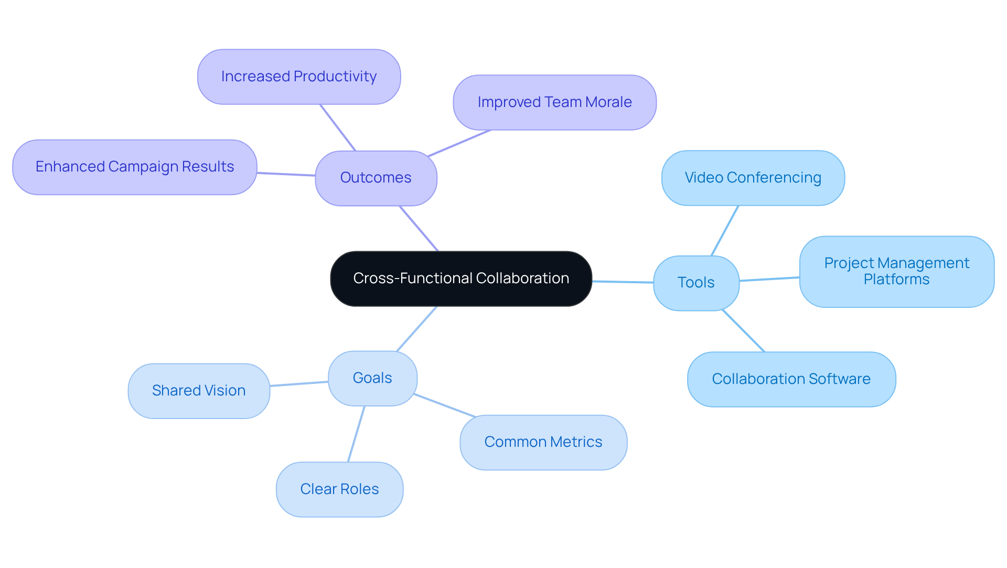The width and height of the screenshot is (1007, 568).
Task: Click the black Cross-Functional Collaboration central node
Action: tap(461, 278)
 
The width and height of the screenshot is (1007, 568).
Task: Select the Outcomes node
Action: tap(376, 178)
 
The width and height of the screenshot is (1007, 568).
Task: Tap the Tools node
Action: tap(696, 283)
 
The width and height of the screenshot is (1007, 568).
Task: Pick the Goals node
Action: tap(372, 378)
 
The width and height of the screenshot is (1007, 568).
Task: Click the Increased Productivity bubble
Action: tap(299, 77)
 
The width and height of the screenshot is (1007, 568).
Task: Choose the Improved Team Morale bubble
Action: tap(554, 102)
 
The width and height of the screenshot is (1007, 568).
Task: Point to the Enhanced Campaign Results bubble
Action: tap(135, 167)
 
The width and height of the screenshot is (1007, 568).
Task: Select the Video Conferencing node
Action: tap(753, 178)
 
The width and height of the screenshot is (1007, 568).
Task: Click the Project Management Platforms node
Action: tap(896, 271)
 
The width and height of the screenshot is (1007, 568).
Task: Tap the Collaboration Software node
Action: tap(791, 379)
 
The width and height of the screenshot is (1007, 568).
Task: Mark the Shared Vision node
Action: tap(199, 391)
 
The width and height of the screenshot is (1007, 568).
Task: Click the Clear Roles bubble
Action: tap(339, 489)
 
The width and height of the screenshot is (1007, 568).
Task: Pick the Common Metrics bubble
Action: tap(543, 442)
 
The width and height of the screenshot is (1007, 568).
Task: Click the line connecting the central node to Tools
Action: tap(623, 282)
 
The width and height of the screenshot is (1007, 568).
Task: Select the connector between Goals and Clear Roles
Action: tap(356, 434)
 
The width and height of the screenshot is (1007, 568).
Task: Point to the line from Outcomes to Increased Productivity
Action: tap(338, 127)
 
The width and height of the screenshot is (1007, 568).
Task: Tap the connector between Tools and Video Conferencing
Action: tap(725, 231)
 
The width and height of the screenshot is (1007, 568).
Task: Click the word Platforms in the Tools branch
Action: tap(896, 280)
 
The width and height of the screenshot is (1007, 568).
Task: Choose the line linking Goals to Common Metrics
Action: tap(445, 406)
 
